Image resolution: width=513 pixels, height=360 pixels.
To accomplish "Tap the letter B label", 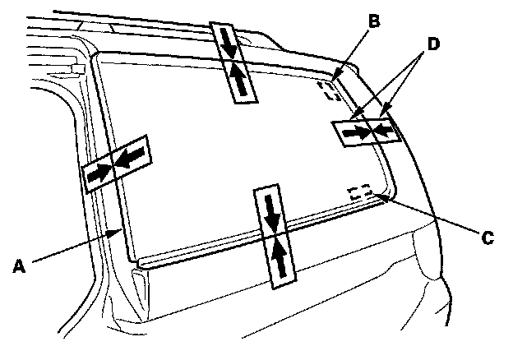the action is click(x=373, y=22).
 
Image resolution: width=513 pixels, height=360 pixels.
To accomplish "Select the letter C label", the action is click(x=488, y=237).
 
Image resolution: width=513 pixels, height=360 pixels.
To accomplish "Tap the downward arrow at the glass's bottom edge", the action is click(x=272, y=211).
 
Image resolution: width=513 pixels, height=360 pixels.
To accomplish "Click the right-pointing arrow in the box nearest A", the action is click(x=98, y=173).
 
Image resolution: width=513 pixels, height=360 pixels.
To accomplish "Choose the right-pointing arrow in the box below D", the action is click(x=355, y=131).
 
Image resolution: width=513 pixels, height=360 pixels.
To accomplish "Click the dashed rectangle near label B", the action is click(x=330, y=90).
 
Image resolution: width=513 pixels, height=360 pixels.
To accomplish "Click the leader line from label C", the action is click(x=427, y=216).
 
